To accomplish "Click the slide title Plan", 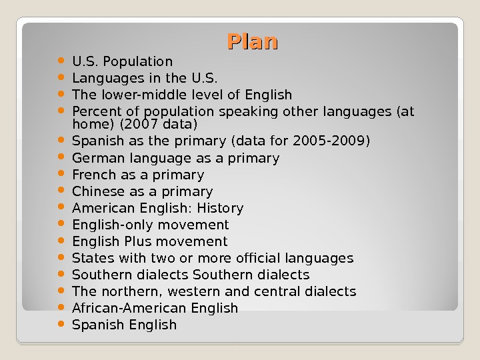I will point(252,42).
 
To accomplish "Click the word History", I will point(219,208).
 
